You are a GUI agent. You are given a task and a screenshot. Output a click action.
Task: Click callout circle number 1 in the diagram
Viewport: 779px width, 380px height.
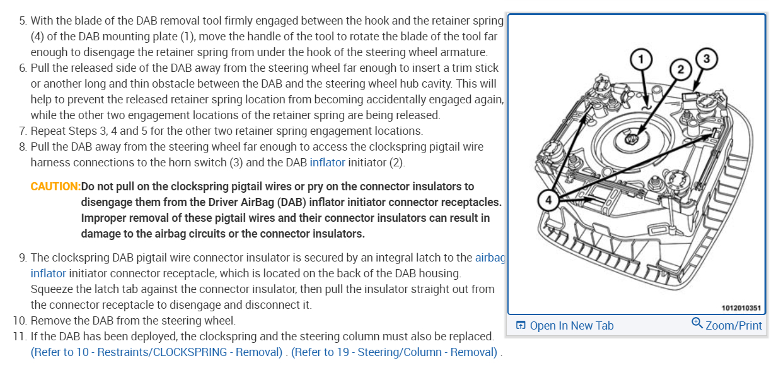click(642, 60)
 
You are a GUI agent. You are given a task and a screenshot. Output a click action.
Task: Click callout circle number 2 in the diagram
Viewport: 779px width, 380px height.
click(679, 69)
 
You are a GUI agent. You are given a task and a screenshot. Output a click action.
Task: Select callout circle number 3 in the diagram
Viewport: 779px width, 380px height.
click(706, 59)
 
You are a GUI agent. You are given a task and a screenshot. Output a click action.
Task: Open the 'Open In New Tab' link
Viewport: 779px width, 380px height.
click(571, 326)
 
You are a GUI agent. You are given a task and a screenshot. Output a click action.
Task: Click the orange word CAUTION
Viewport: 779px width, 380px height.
click(55, 187)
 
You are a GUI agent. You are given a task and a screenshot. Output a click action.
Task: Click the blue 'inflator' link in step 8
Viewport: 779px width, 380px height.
click(327, 163)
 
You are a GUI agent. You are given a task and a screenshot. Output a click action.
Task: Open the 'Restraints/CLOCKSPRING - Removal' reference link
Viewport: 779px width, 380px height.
click(156, 352)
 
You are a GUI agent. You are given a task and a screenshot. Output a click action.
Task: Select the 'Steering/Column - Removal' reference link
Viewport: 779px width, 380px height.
click(394, 352)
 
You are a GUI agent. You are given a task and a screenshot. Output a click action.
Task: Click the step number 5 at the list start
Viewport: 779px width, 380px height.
click(23, 21)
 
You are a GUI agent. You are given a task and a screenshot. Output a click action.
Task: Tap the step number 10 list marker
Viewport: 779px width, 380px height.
click(20, 320)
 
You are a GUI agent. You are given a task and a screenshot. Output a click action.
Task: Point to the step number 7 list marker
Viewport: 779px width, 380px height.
click(23, 131)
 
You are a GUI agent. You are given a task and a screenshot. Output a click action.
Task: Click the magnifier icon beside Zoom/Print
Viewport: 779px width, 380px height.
click(696, 323)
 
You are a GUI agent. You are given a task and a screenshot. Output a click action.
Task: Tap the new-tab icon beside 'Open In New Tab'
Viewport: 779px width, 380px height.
click(521, 326)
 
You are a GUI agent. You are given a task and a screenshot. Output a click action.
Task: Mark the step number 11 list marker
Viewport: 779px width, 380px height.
click(19, 336)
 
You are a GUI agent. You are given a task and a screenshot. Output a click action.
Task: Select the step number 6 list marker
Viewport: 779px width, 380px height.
click(23, 68)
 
